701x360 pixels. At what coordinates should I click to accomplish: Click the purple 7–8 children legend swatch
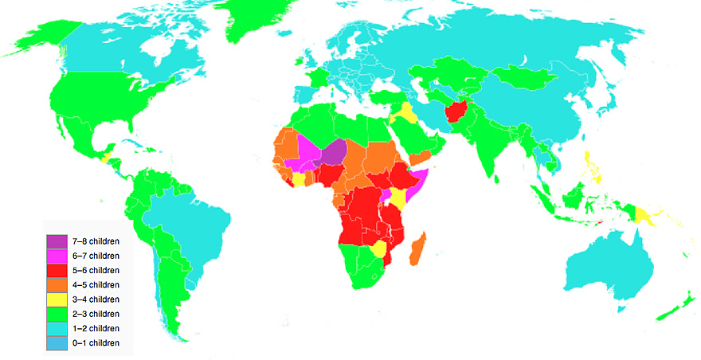coord(57,241)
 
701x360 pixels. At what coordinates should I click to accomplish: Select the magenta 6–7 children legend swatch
coord(57,256)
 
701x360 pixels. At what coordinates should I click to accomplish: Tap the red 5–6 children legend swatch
coord(57,271)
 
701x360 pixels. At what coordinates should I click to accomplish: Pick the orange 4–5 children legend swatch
coord(57,285)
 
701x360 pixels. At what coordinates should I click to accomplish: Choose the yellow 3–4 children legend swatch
coord(57,299)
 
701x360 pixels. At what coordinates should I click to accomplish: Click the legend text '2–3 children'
coord(95,314)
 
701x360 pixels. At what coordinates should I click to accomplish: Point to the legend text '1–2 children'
coord(95,328)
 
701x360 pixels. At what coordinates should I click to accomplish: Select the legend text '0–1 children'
coord(95,342)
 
